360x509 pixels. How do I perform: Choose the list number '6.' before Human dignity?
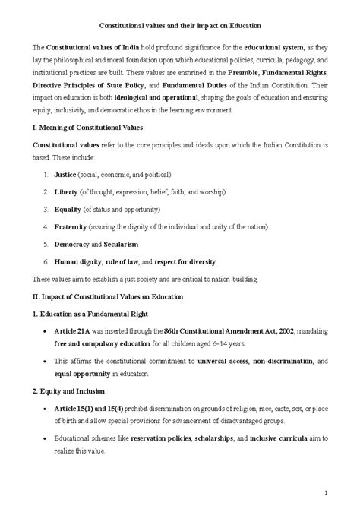tap(46, 261)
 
